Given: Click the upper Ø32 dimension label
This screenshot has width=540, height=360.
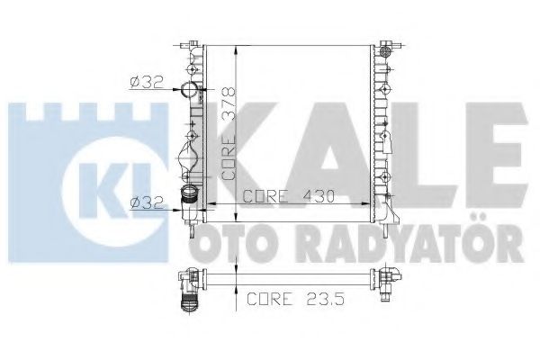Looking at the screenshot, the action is [x=147, y=82].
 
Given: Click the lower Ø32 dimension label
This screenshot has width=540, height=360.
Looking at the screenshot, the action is [x=147, y=202].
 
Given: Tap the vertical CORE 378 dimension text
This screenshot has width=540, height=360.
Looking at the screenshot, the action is [x=229, y=133].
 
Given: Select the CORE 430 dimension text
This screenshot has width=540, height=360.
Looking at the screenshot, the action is [x=289, y=196].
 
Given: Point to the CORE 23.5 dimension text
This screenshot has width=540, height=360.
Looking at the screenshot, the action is [x=296, y=298].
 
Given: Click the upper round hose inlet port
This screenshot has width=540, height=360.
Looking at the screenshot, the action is [x=189, y=90].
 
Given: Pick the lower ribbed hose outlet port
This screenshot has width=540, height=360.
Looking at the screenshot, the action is [x=189, y=195].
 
